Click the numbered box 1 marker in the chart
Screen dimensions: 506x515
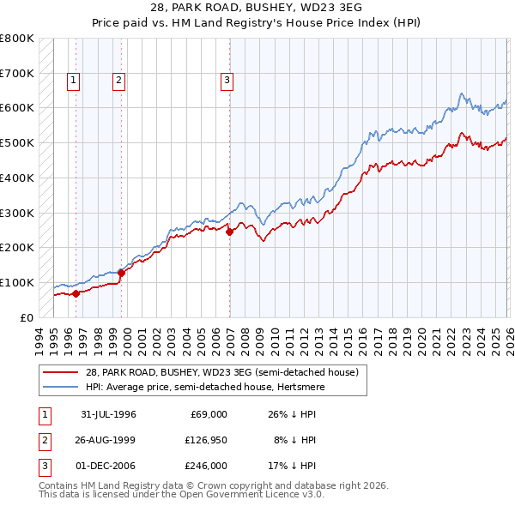(75, 81)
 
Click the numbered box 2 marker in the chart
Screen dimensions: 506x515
(118, 81)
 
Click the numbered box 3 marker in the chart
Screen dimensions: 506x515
(227, 81)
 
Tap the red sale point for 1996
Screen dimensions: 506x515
(76, 293)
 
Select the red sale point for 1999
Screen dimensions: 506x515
(121, 273)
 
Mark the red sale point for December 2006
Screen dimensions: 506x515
(230, 232)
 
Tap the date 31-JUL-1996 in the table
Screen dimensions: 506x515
(109, 414)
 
